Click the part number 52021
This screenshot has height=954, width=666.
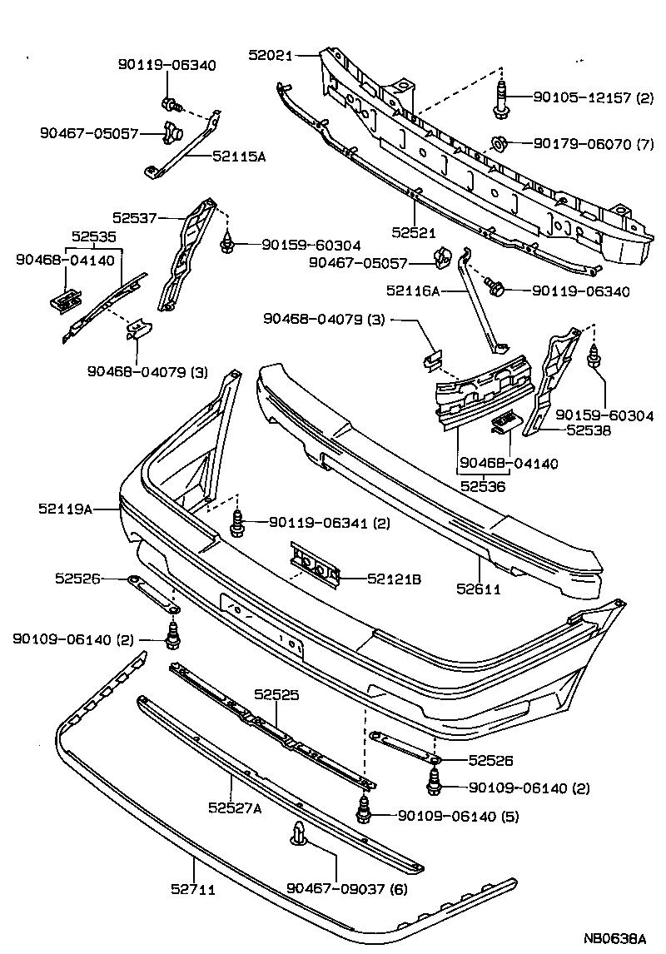[271, 55]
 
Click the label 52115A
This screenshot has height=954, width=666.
[238, 155]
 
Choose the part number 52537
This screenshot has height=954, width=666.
[135, 218]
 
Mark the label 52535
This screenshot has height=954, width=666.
[93, 236]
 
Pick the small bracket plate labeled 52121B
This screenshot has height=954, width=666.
[315, 569]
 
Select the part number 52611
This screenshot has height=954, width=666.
[478, 589]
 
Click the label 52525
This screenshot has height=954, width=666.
[276, 693]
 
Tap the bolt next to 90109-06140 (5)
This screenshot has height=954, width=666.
[363, 810]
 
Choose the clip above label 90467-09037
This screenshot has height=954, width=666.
[299, 835]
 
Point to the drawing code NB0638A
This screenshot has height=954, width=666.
[614, 938]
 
